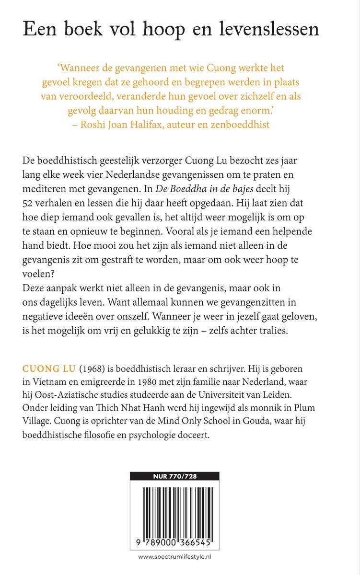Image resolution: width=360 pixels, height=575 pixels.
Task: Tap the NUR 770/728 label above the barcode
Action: (174, 476)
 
